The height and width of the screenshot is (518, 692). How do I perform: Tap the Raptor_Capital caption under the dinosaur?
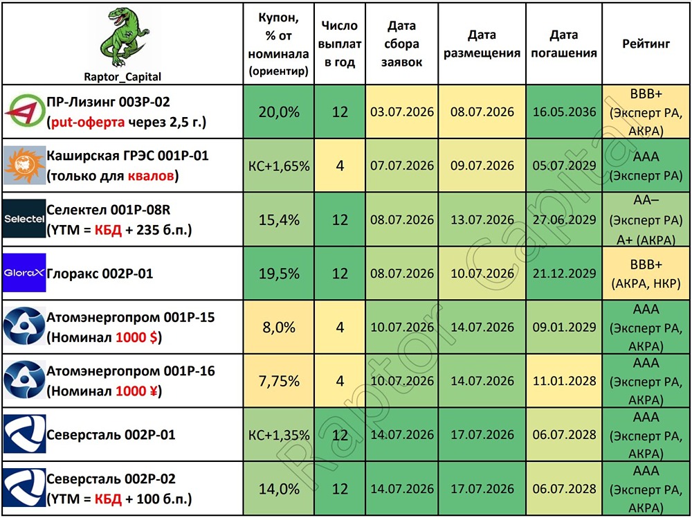(122, 77)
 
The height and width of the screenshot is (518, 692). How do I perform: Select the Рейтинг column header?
(646, 43)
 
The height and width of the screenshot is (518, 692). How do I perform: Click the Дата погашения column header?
(564, 44)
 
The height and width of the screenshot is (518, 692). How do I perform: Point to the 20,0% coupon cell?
(279, 111)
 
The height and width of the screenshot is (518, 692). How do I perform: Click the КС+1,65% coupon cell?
(279, 166)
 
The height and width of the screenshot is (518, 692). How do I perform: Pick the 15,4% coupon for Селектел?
(279, 220)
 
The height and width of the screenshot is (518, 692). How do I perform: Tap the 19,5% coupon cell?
(279, 274)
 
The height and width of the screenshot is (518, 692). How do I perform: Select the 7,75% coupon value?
(279, 381)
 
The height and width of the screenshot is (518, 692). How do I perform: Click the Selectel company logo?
(24, 219)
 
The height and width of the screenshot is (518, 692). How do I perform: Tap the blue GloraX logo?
(24, 272)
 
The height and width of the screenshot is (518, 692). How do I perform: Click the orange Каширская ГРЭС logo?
(24, 165)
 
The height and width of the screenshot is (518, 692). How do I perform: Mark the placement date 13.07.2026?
(482, 220)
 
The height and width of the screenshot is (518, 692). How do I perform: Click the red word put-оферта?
(88, 123)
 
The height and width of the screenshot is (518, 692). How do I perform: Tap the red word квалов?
(150, 176)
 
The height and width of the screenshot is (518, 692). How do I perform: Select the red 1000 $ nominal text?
(137, 337)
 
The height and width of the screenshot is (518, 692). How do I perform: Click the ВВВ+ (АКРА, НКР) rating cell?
(646, 274)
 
